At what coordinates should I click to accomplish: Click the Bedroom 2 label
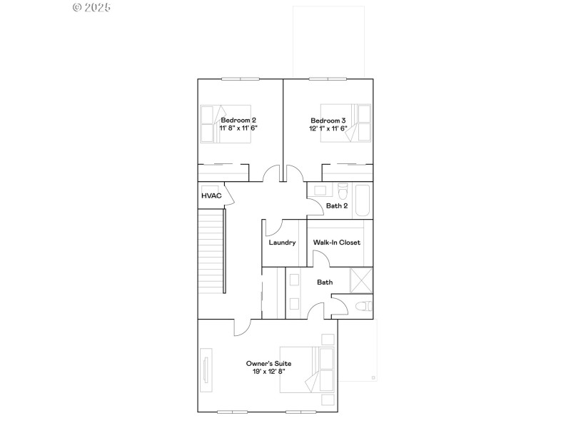239,120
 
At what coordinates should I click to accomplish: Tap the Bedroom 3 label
328,120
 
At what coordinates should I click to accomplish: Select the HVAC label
211,195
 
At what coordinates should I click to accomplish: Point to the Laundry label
282,243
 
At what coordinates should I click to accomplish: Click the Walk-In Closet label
337,243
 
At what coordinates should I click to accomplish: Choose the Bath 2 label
336,206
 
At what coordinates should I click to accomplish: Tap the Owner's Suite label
268,363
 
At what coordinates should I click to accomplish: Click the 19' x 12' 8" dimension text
268,372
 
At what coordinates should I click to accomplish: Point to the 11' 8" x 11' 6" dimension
239,128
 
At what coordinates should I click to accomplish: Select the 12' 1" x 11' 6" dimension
328,128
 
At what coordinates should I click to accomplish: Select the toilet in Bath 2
342,193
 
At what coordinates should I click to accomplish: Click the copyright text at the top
92,8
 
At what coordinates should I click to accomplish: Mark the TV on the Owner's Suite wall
206,369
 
